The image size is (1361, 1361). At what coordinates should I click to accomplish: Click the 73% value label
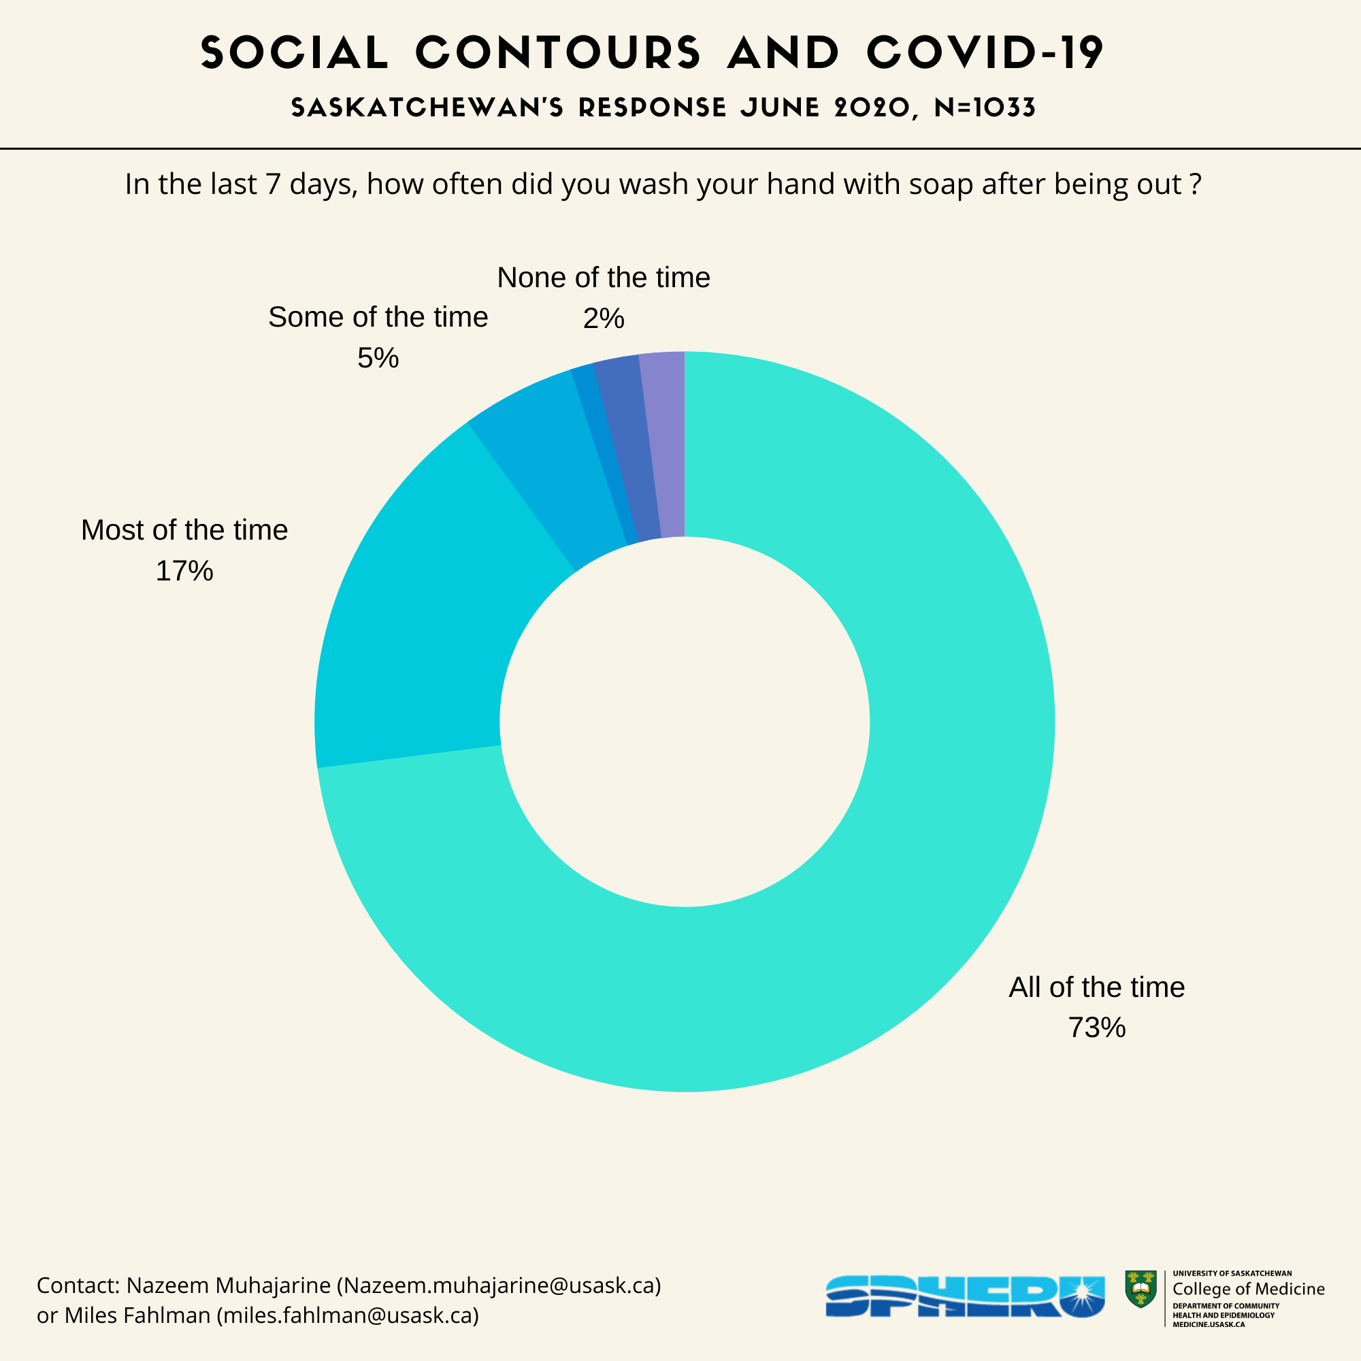pos(1097,1028)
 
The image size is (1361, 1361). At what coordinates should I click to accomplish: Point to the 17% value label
pos(184,571)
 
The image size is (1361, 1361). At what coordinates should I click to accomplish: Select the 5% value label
pos(378,358)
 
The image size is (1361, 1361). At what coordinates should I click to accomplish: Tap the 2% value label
pos(603,318)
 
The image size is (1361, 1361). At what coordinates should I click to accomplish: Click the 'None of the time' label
pos(603,278)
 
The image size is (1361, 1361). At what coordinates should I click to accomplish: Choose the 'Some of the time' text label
pos(378,317)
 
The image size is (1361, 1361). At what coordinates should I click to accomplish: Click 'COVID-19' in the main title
pos(985,53)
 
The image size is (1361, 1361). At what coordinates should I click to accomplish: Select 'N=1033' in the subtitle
pos(985,108)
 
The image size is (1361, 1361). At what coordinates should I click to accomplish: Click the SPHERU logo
pos(964,1296)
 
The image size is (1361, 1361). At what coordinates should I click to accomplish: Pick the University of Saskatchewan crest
pos(1141,1289)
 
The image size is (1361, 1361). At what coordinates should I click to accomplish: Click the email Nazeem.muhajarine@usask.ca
pos(499,1285)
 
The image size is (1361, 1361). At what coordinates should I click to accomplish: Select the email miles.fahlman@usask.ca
pos(347,1315)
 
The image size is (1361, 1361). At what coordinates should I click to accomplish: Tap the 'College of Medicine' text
pos(1248,1288)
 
